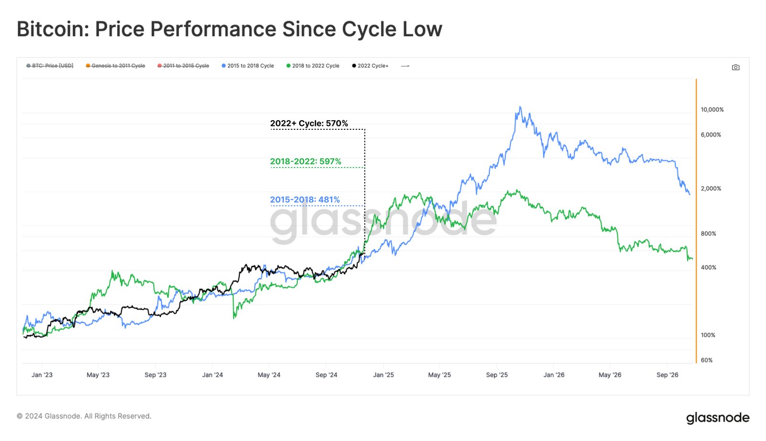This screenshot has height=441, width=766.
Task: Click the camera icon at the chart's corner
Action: tap(735, 68)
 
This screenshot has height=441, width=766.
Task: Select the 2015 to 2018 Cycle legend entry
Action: tap(248, 66)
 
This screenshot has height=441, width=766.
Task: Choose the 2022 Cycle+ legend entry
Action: tap(370, 66)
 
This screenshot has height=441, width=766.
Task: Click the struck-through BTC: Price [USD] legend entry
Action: tap(50, 66)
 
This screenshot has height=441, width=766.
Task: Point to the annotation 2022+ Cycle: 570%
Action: tap(309, 124)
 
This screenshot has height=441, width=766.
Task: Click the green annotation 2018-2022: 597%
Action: tap(305, 161)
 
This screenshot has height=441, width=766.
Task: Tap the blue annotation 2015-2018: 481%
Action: tap(304, 200)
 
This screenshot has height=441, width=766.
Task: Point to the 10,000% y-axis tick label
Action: tap(712, 110)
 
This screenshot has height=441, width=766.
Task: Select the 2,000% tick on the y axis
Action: tap(710, 189)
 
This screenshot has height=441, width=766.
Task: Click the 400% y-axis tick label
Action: tap(708, 268)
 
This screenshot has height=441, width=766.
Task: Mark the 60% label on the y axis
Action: tap(706, 360)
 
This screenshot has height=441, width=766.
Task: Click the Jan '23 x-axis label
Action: tap(42, 375)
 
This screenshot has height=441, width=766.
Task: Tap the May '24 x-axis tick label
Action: tap(269, 375)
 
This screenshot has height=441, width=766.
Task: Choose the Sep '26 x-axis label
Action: tap(667, 375)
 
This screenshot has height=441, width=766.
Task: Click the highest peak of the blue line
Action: tap(520, 107)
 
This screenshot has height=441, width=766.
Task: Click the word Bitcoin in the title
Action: tap(52, 29)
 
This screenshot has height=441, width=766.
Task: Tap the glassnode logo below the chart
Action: tap(717, 418)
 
